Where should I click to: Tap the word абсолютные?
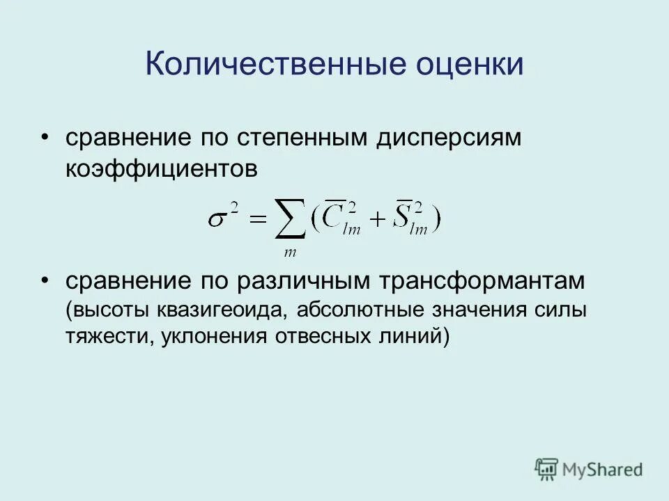tap(362, 310)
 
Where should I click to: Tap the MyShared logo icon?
tap(547, 468)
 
